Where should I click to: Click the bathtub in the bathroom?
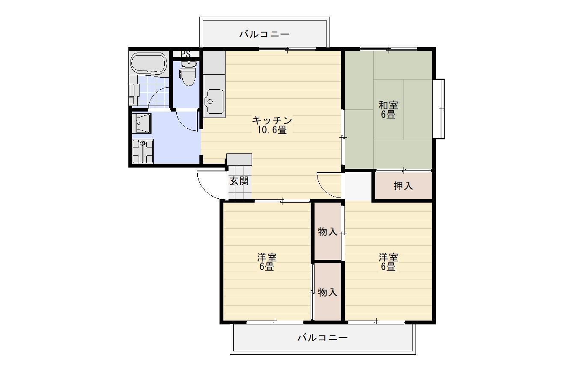click(148, 64)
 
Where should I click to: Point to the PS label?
click(185, 54)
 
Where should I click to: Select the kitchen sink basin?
click(214, 101)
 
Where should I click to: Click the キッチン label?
click(272, 121)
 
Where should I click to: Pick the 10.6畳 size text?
click(272, 130)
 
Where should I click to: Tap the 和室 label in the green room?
click(388, 105)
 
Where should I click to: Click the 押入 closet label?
click(403, 186)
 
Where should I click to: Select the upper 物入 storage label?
click(327, 232)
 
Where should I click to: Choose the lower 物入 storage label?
click(327, 292)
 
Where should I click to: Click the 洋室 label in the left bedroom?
click(267, 258)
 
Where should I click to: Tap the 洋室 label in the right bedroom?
click(388, 258)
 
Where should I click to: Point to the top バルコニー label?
click(264, 34)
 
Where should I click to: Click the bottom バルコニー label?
click(322, 338)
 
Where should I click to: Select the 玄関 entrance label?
click(239, 181)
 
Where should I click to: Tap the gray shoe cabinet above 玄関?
click(239, 159)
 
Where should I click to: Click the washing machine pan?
click(143, 151)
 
